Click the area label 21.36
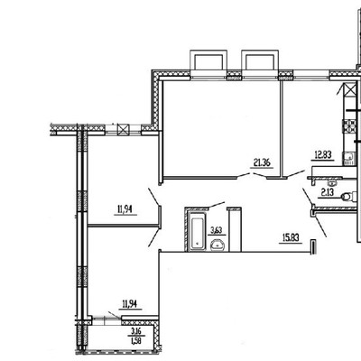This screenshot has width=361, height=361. [263, 162]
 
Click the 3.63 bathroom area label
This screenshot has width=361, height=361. [217, 230]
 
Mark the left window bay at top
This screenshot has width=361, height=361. [208, 63]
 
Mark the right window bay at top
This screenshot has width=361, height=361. [260, 63]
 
